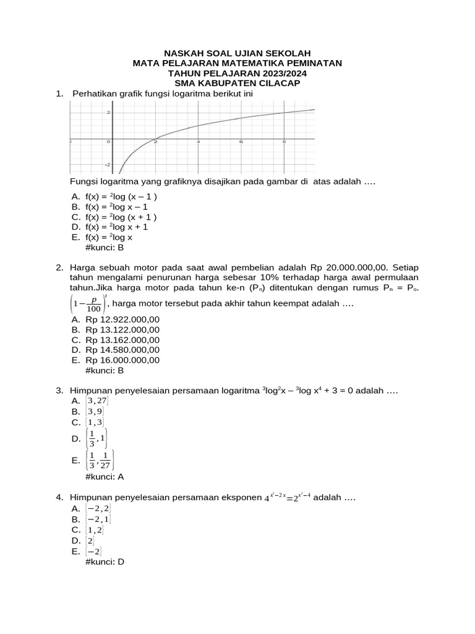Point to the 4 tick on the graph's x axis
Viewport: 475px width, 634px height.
199,142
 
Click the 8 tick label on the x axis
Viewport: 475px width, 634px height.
284,142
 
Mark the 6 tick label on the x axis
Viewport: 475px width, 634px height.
241,142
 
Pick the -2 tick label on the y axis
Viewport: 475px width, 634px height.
107,165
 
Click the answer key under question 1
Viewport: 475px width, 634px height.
104,247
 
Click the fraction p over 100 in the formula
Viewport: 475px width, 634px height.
93,305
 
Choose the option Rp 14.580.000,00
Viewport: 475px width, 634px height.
122,350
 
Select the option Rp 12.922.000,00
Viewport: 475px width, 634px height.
122,319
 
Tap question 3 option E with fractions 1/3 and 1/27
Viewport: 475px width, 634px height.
100,460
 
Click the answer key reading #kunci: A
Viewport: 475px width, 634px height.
104,477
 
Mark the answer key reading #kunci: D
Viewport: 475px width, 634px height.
104,562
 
